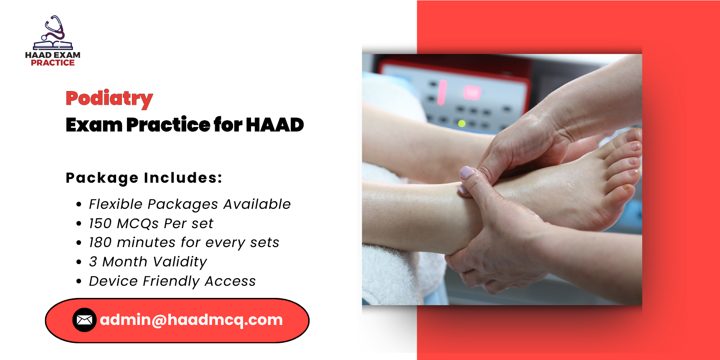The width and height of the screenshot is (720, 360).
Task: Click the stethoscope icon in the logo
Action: coord(54,28)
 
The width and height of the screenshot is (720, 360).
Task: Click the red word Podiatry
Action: coord(109,98)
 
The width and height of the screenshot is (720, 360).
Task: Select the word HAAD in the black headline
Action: coord(274,125)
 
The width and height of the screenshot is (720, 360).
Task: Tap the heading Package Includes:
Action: coord(144,178)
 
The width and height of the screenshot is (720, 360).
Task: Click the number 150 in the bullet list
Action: coord(100,224)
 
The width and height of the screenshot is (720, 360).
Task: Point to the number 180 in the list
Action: coord(100,243)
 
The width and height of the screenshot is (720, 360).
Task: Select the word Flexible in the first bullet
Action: coord(116,204)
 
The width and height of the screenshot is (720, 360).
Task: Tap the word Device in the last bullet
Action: coord(113,281)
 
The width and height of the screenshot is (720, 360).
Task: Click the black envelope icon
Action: coord(84,320)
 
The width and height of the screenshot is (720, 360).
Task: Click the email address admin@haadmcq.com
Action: coord(191,320)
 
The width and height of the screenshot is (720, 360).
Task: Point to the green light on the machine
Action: coord(462,123)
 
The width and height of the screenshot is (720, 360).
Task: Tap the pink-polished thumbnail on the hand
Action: coord(466,172)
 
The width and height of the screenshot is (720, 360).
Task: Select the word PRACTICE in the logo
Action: coord(53,63)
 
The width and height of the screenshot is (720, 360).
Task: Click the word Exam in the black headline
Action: coord(94,125)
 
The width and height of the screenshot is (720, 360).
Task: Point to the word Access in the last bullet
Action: coord(230,281)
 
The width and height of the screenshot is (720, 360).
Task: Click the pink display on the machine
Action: coord(472,93)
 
